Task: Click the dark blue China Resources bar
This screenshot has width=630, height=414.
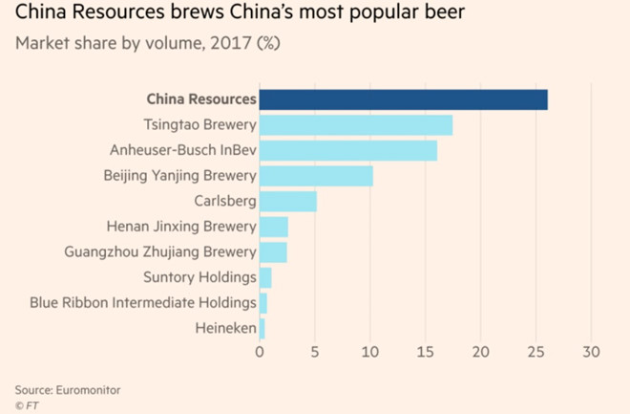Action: tap(403, 99)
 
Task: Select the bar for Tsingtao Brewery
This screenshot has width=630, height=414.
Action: tap(356, 125)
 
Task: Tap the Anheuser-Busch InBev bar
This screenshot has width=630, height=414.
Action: tap(348, 150)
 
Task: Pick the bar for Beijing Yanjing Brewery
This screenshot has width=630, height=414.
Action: tap(316, 176)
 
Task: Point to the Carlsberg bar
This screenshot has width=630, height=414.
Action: tap(287, 201)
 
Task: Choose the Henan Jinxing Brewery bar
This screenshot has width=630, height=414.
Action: tap(274, 227)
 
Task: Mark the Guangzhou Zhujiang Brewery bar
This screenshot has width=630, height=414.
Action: tap(273, 252)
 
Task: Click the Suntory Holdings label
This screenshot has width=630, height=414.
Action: tap(200, 277)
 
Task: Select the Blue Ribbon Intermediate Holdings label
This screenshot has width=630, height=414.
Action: tap(143, 303)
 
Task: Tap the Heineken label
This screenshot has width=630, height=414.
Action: tap(222, 329)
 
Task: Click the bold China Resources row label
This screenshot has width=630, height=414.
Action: tap(201, 99)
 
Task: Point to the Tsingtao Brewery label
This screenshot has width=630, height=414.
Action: tap(199, 125)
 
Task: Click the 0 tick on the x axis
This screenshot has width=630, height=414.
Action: tap(260, 351)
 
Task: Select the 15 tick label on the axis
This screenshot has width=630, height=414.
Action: tap(426, 351)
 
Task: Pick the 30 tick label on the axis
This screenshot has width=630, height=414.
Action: tap(592, 351)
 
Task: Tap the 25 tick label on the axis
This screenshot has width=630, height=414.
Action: tap(536, 351)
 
